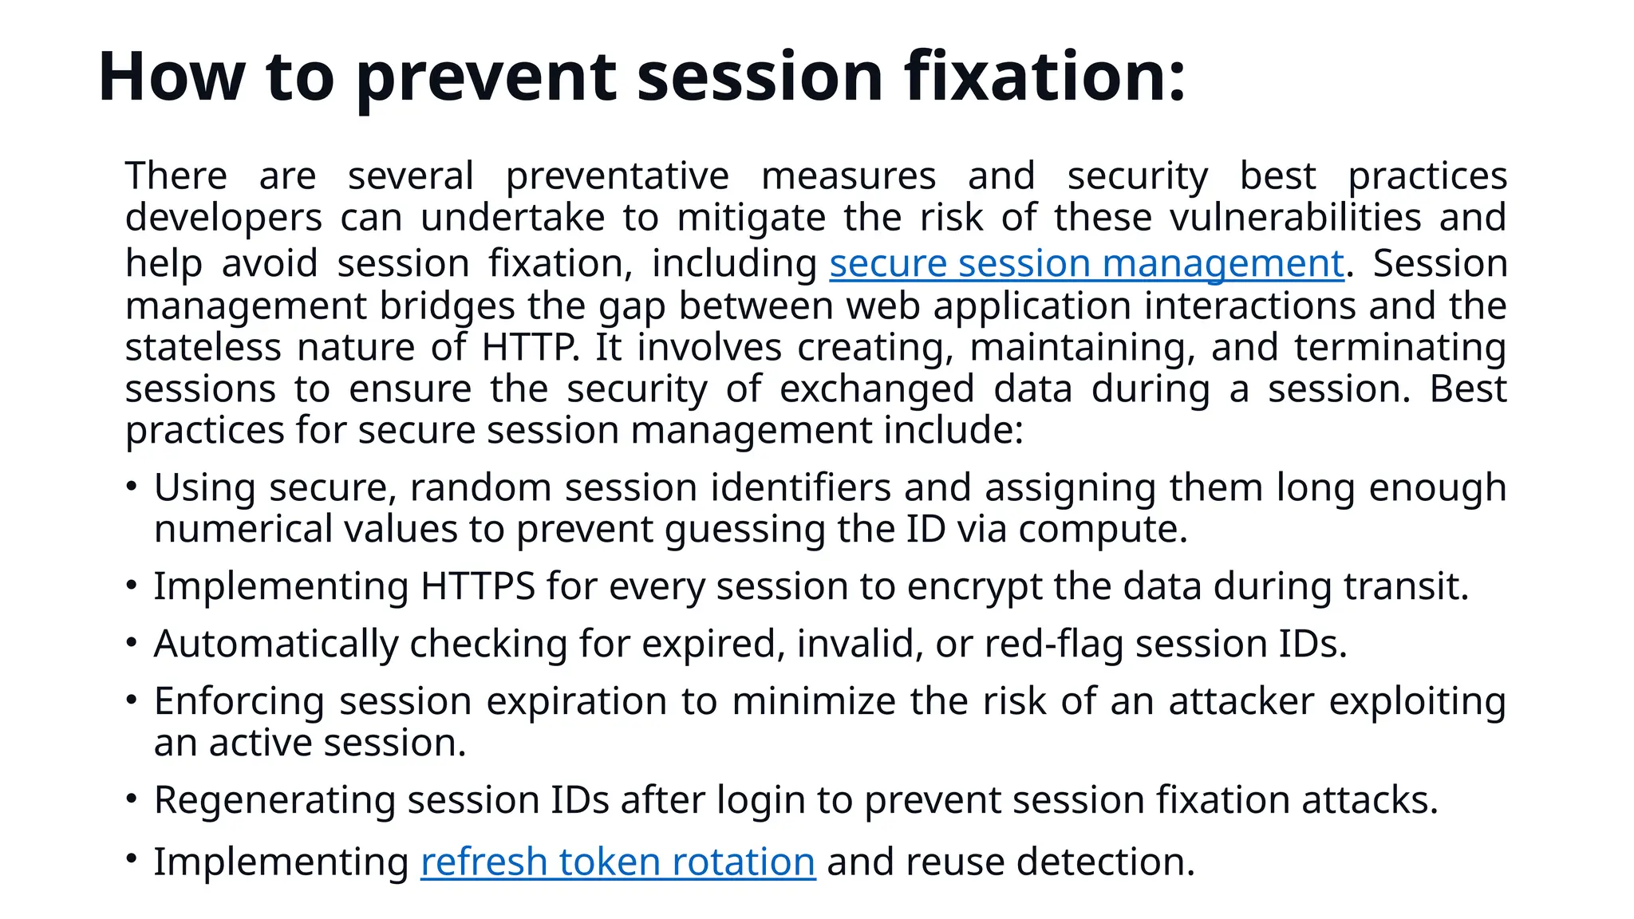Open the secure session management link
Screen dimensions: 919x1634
[1087, 264]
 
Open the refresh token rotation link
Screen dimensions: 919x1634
[618, 862]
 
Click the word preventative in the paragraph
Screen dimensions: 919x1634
[618, 176]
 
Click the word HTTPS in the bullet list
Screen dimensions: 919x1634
[477, 586]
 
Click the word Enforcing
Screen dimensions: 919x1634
[239, 702]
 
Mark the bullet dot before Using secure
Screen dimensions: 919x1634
[132, 485]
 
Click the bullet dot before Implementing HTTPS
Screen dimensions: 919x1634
[132, 585]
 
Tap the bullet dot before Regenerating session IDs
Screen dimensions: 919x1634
[132, 799]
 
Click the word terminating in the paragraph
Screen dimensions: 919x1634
[1399, 348]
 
